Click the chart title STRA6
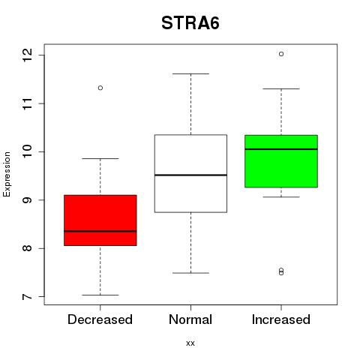[190, 23]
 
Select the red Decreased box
[100, 220]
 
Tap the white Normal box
[190, 173]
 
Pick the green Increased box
[281, 161]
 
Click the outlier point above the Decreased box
[100, 88]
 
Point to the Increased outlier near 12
[281, 54]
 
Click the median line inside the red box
[100, 231]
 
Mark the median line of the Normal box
[190, 175]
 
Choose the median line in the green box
[281, 149]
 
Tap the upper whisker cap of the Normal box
[190, 73]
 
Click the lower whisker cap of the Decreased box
[100, 295]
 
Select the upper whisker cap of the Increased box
[281, 88]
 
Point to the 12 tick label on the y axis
[27, 55]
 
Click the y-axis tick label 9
[27, 200]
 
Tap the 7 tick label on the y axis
[27, 297]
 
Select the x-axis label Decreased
[100, 319]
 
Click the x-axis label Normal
[190, 319]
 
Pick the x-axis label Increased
[281, 319]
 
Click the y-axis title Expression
[7, 174]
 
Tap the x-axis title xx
[190, 343]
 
